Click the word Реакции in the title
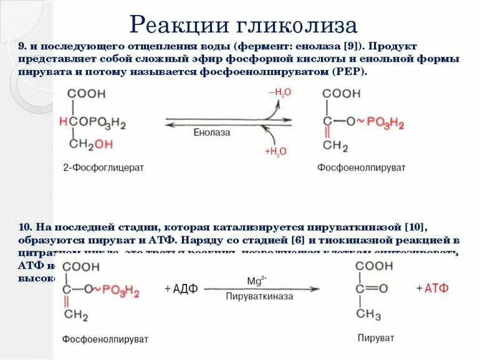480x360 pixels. point(180,26)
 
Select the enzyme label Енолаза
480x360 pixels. point(212,132)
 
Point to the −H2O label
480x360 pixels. point(280,92)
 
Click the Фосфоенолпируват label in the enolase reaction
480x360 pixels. point(361,168)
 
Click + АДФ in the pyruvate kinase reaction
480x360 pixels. point(180,289)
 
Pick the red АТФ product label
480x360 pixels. point(436,288)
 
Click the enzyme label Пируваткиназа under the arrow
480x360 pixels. point(259,297)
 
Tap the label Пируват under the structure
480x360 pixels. point(376,338)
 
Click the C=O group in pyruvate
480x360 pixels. point(372,288)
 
